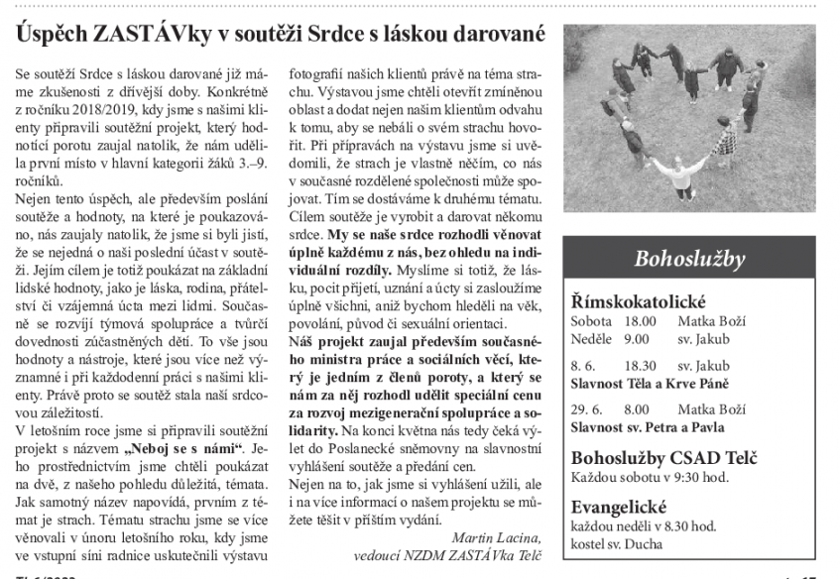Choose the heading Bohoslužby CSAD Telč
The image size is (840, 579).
click(x=665, y=458)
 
